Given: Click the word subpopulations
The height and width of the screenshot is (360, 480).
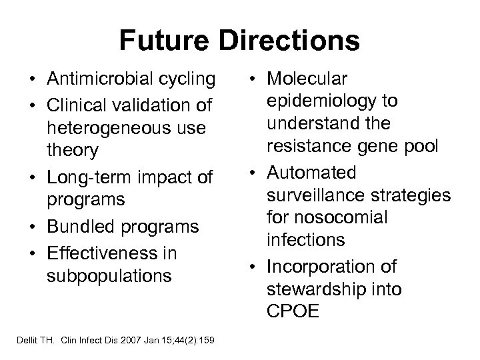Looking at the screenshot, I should pos(108,276).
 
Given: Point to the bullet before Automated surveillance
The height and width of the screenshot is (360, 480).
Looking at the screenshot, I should pos(255,173).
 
